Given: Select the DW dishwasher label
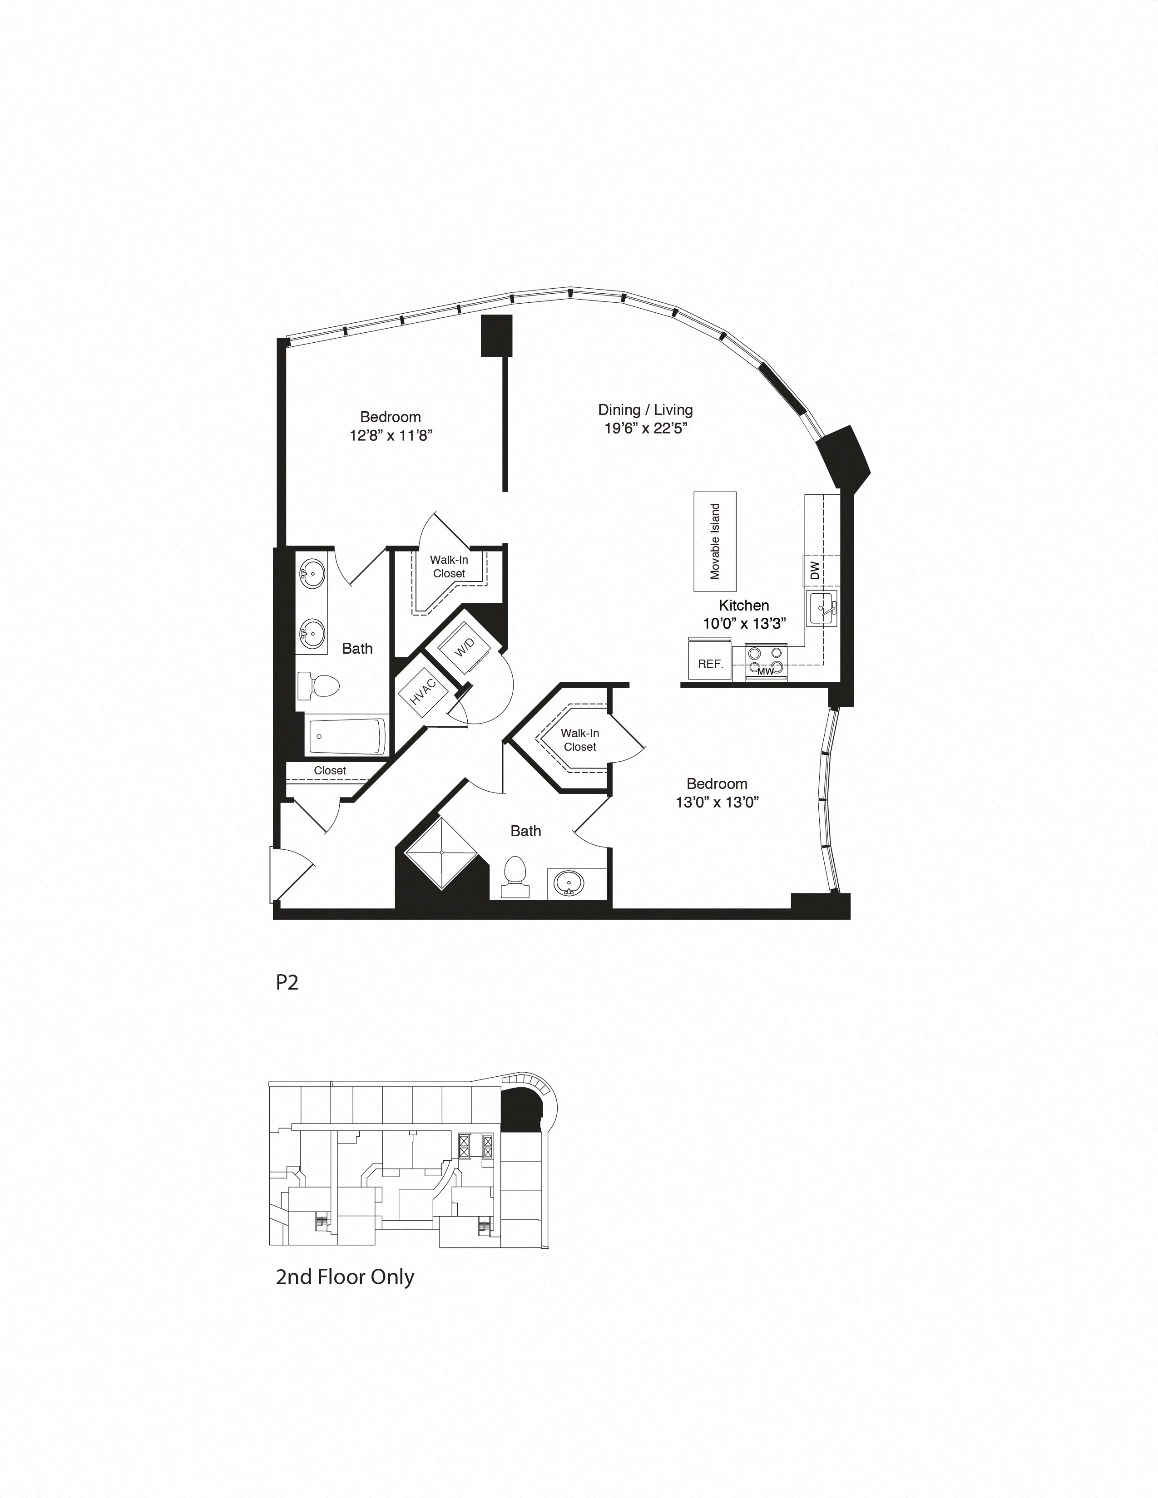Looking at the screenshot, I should click(x=814, y=571).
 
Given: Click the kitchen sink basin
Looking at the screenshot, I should click(x=822, y=608).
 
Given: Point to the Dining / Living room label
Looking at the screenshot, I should click(x=645, y=409).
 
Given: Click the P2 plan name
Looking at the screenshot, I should click(x=287, y=982).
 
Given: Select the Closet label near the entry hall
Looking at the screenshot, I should click(x=330, y=770).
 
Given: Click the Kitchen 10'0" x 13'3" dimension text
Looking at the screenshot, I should click(x=744, y=623).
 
